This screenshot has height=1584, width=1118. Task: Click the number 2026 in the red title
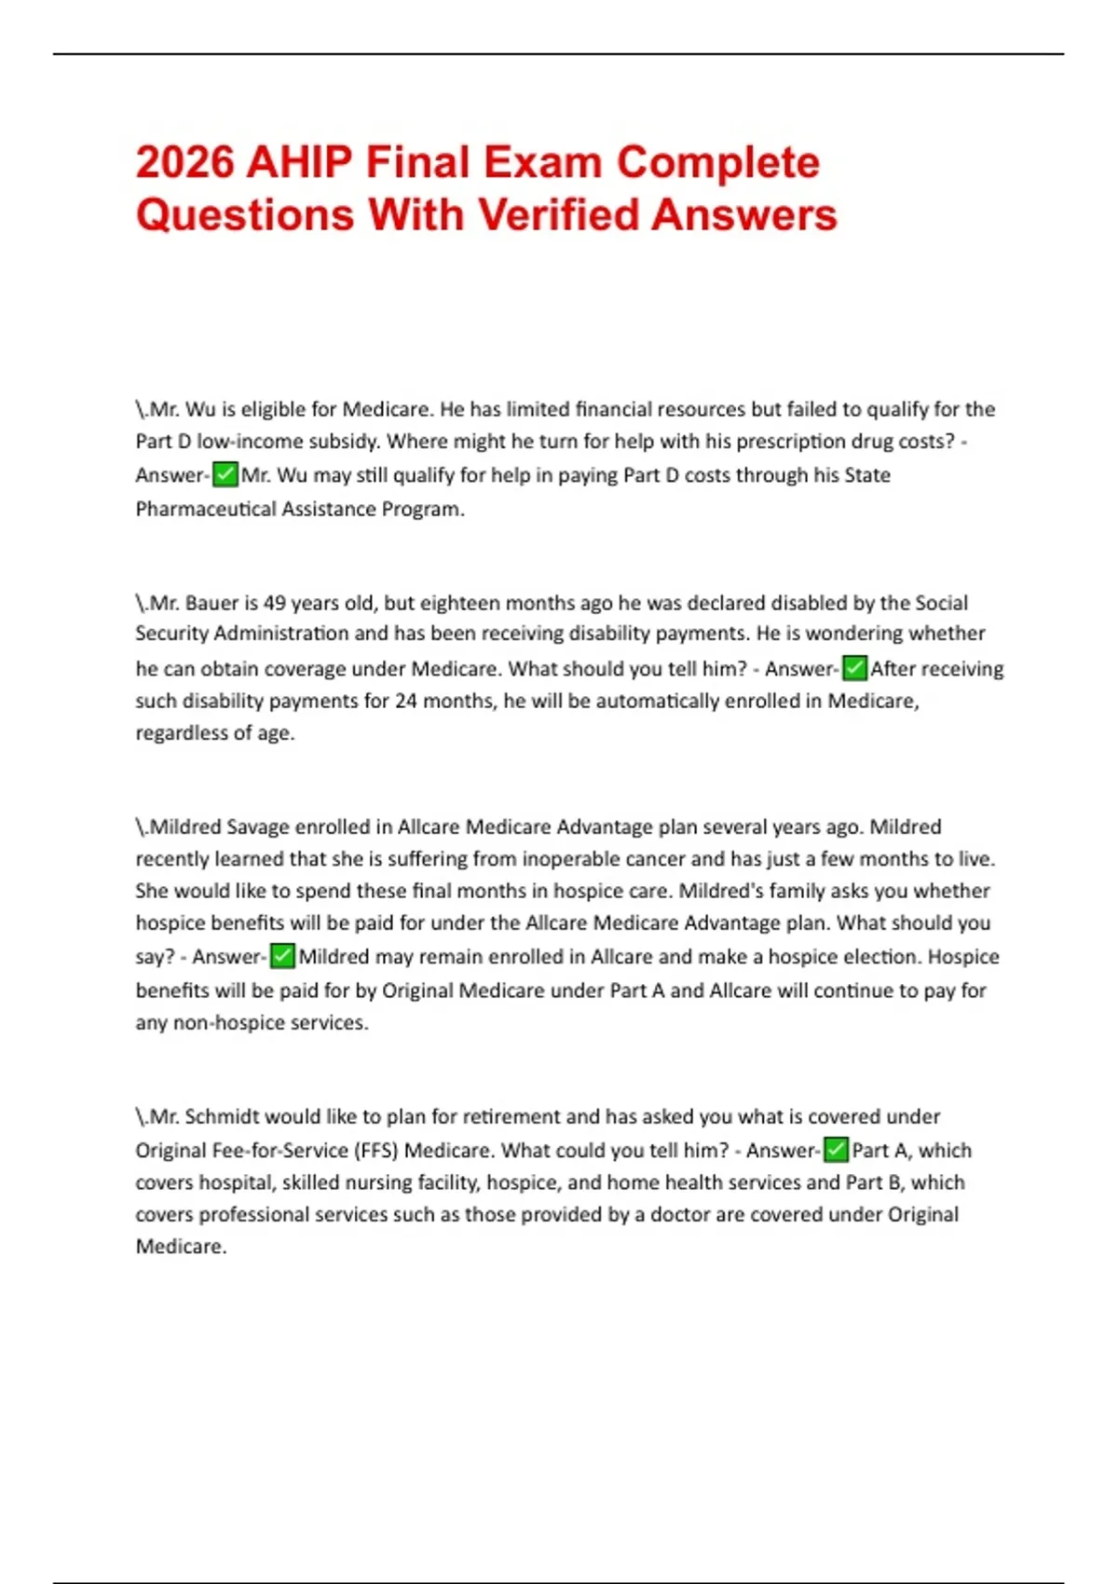[184, 162]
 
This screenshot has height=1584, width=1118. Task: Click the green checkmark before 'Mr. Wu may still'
[225, 475]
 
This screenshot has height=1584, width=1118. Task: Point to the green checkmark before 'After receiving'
[854, 668]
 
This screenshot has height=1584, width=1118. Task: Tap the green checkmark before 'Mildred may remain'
[282, 956]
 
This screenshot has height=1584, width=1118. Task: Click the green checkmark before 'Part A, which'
[837, 1150]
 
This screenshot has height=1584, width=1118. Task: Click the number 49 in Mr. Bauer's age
[276, 603]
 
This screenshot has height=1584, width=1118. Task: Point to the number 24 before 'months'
[406, 701]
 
